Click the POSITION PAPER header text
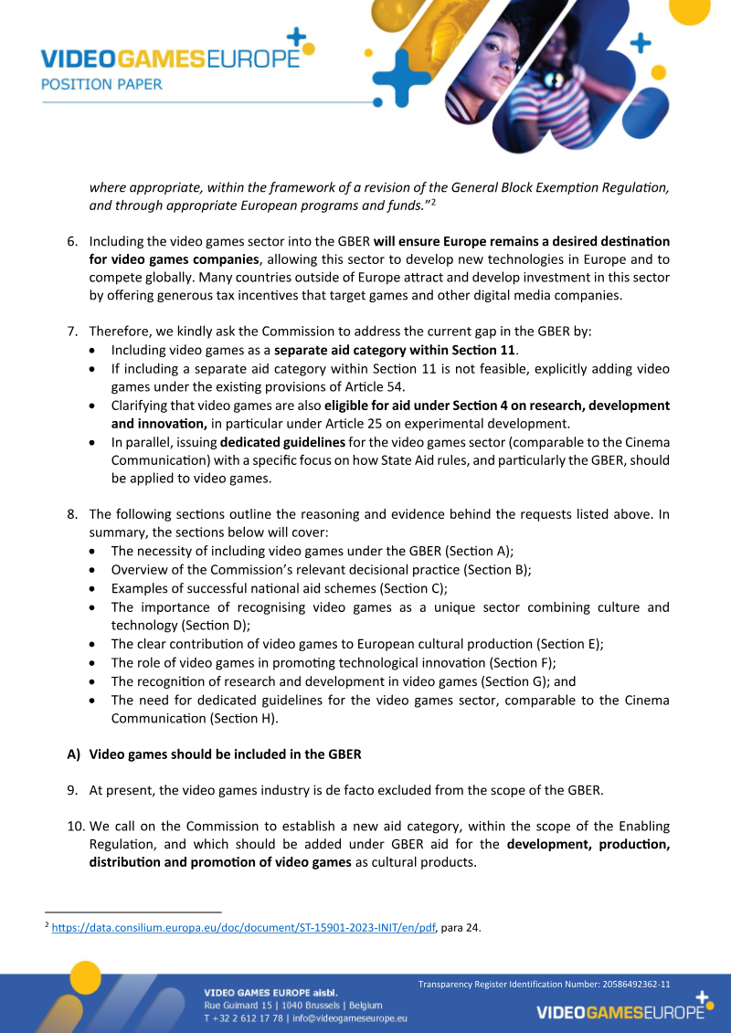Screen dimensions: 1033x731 [x=101, y=84]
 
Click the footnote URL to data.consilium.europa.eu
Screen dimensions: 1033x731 [x=244, y=928]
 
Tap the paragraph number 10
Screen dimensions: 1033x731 [x=76, y=826]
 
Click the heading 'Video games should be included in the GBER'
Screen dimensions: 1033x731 [x=225, y=754]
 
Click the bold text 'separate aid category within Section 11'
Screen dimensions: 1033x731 [x=395, y=351]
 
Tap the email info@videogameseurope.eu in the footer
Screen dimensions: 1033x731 [x=350, y=1017]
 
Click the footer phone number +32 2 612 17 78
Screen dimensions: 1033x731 [x=242, y=1017]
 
